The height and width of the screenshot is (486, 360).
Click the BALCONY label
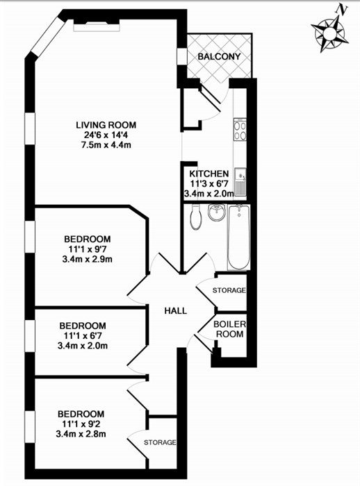pyautogui.click(x=219, y=57)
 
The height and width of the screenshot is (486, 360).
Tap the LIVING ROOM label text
pyautogui.click(x=106, y=125)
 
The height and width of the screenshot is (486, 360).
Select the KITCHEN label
pyautogui.click(x=209, y=174)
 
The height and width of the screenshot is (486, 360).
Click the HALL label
pyautogui.click(x=176, y=310)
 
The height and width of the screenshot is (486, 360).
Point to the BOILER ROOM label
pyautogui.click(x=229, y=329)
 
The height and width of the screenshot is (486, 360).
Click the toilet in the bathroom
pyautogui.click(x=196, y=217)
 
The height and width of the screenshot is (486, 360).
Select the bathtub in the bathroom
pyautogui.click(x=238, y=237)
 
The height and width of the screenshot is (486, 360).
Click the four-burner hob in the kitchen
pyautogui.click(x=240, y=130)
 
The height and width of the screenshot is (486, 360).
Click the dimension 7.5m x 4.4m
pyautogui.click(x=106, y=144)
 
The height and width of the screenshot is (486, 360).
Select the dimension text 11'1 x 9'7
pyautogui.click(x=88, y=249)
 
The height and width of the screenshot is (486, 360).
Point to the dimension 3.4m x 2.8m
pyautogui.click(x=81, y=434)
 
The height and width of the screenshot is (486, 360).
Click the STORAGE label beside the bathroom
pyautogui.click(x=229, y=290)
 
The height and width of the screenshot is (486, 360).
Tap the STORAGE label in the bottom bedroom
pyautogui.click(x=160, y=442)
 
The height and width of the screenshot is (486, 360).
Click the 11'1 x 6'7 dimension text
pyautogui.click(x=83, y=335)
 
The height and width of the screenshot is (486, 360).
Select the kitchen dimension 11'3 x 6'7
pyautogui.click(x=209, y=183)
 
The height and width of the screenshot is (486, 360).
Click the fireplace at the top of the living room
pyautogui.click(x=97, y=26)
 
